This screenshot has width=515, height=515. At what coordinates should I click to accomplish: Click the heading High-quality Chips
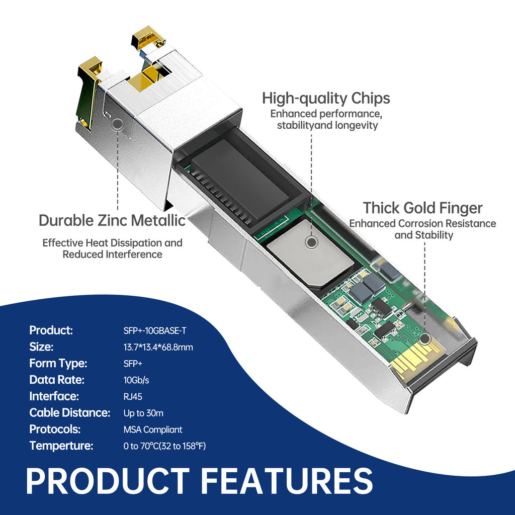click(x=326, y=98)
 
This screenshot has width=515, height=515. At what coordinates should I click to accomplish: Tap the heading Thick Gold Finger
click(x=422, y=208)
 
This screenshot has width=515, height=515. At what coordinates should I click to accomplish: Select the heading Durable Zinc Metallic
click(x=112, y=220)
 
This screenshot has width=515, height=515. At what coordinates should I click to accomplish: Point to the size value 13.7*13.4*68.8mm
click(x=158, y=347)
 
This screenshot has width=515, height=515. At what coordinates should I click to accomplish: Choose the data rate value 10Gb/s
click(x=136, y=380)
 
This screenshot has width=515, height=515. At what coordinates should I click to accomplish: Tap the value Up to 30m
click(x=143, y=413)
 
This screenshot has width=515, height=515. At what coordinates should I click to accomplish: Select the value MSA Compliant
click(x=153, y=430)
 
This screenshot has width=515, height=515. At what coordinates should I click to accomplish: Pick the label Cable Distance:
click(x=69, y=413)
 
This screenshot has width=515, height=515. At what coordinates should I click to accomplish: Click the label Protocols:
click(x=55, y=430)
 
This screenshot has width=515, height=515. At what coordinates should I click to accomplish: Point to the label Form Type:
click(x=58, y=363)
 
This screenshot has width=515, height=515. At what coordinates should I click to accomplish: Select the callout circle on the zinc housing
click(x=118, y=124)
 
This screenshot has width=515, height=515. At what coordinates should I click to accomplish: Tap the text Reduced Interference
click(x=112, y=254)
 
